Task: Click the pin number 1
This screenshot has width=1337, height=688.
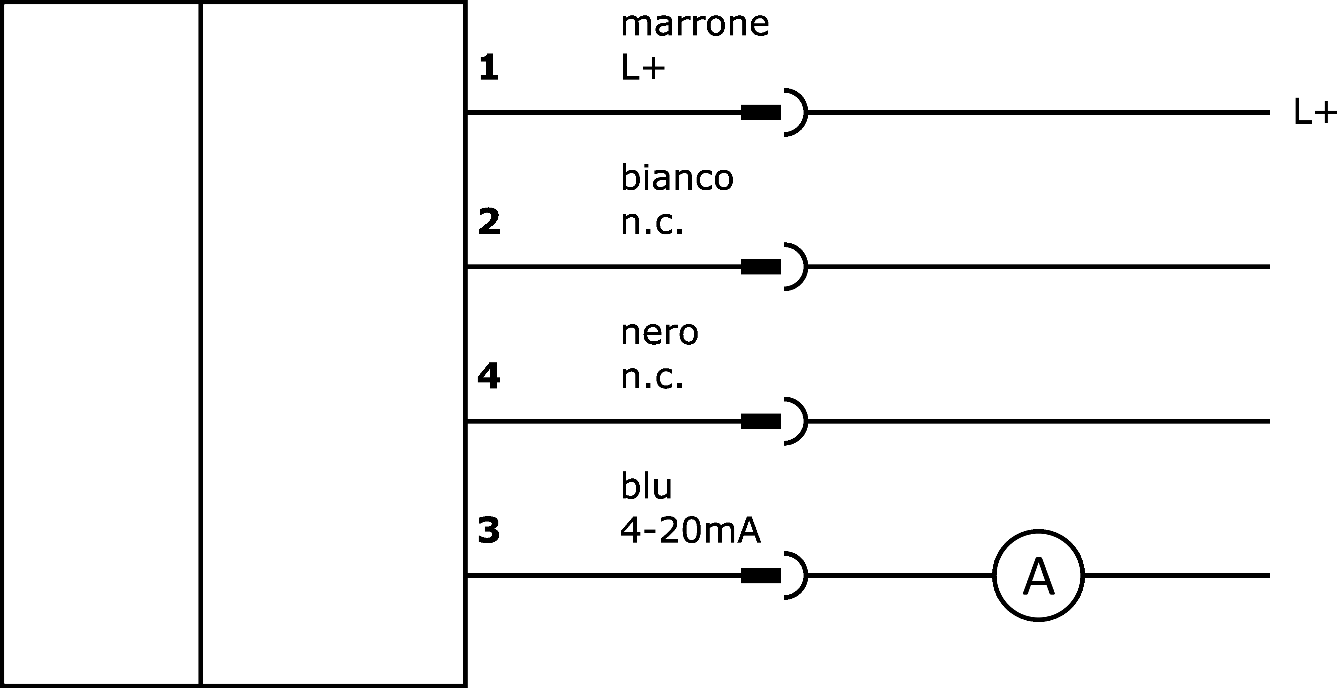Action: [488, 68]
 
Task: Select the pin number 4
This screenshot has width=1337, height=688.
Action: [488, 376]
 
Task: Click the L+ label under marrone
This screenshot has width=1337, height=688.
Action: [642, 68]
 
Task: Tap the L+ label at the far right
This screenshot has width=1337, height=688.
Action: [1315, 112]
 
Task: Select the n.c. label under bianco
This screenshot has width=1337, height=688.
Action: [652, 223]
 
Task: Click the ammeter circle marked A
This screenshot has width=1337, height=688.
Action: [1039, 530]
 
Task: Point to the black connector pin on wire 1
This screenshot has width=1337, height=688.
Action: [760, 112]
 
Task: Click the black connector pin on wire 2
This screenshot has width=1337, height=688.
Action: [760, 266]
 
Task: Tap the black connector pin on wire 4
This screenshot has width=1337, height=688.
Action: [760, 421]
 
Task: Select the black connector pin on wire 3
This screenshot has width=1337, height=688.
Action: [760, 575]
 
